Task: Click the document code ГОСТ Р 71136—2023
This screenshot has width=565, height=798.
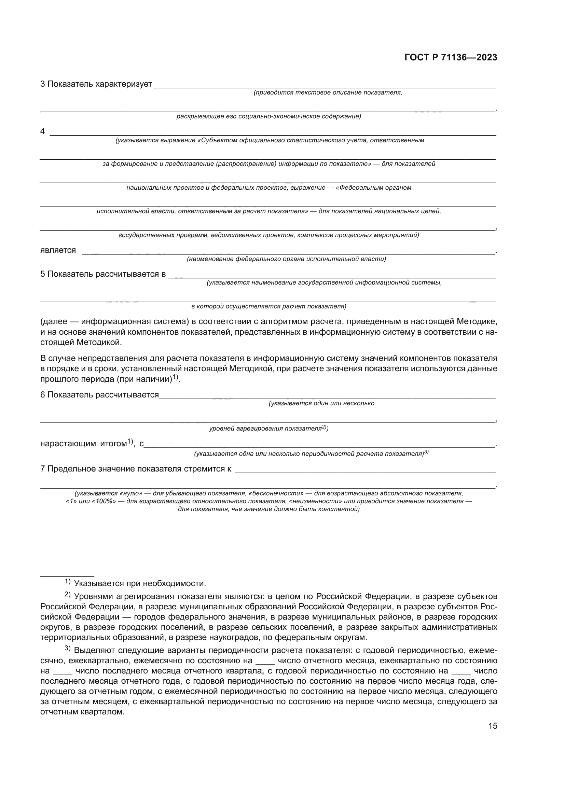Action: (451, 58)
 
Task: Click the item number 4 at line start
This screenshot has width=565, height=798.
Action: (43, 131)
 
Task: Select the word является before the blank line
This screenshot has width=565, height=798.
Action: (58, 250)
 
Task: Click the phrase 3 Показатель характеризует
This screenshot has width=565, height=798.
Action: (96, 84)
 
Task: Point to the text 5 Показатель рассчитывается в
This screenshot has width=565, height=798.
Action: (103, 274)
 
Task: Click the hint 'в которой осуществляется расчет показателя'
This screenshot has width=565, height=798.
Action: (268, 306)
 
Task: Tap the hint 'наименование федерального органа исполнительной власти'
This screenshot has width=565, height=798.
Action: (286, 259)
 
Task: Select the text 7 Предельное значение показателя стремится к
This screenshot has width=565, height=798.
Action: (136, 469)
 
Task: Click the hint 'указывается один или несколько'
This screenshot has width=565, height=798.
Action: (321, 403)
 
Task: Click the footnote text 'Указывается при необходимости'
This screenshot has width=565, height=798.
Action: (140, 583)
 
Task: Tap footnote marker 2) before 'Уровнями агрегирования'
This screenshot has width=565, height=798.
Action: (68, 595)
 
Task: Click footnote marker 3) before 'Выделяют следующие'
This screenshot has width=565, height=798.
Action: (68, 649)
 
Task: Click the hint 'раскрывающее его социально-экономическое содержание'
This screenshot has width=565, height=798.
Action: (268, 116)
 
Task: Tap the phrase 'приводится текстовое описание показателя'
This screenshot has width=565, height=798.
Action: (328, 92)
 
